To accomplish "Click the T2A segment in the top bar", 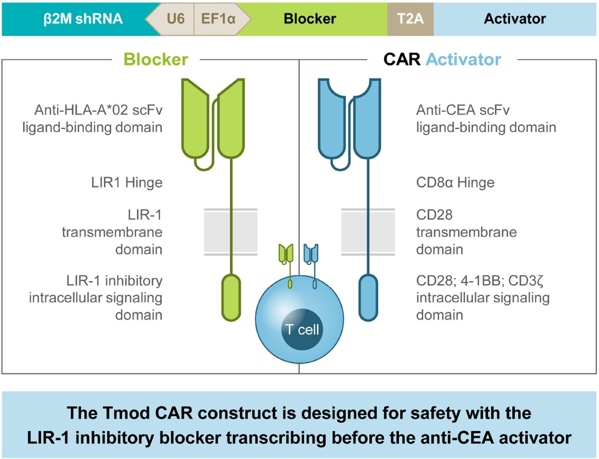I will pos(410,19).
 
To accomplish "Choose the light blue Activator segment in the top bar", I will pos(515,19).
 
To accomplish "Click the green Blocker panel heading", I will pos(155,59).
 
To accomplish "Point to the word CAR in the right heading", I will pos(402,59).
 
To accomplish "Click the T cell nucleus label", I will pos(302,329).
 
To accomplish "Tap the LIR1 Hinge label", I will pos(127,182).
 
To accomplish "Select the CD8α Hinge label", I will pos(455,182).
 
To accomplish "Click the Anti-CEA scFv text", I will pos(462,110).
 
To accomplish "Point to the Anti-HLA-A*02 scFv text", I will pos(98,110).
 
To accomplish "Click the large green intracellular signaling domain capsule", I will pos(231,298).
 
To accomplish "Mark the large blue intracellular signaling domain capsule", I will pos(368,298).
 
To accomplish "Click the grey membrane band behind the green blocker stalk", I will pos(218,232).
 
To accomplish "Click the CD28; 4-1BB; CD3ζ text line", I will pos(479,281).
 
